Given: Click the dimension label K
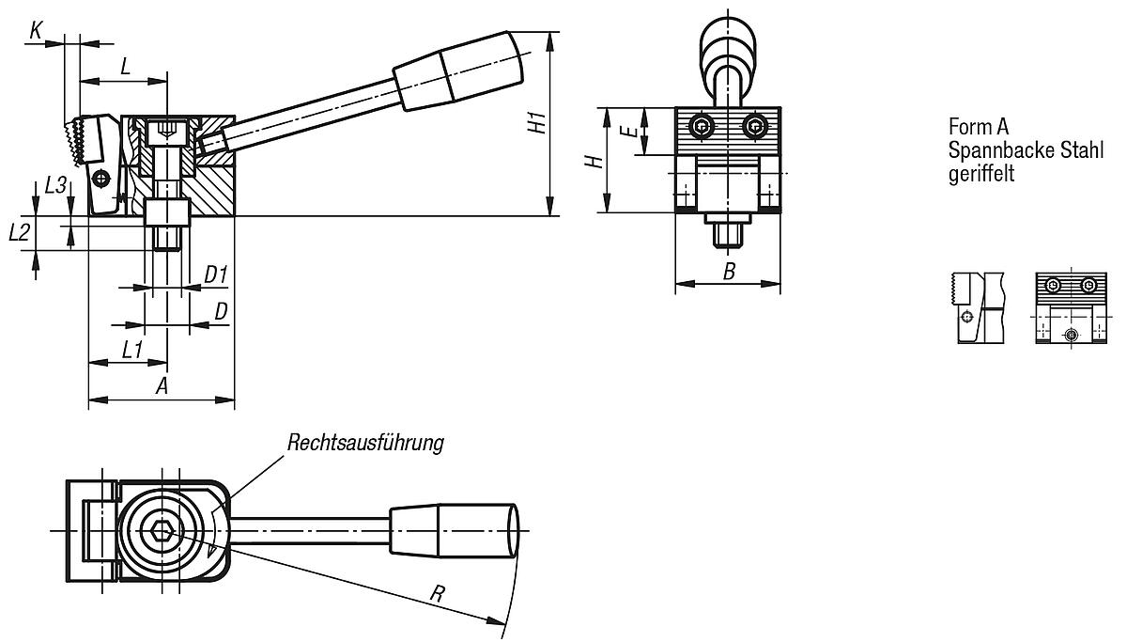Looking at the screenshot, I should pyautogui.click(x=36, y=30).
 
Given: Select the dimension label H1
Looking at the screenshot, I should pyautogui.click(x=535, y=123).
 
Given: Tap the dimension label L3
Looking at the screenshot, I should pyautogui.click(x=55, y=185).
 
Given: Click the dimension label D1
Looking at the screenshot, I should pyautogui.click(x=216, y=274).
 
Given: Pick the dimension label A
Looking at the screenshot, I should pyautogui.click(x=161, y=385).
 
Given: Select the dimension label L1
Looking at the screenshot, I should pyautogui.click(x=132, y=349).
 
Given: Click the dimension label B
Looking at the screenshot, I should pyautogui.click(x=729, y=272).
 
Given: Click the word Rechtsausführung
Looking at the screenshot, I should pyautogui.click(x=365, y=443).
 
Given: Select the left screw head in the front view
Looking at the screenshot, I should pyautogui.click(x=701, y=126).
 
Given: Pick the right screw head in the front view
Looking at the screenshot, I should pyautogui.click(x=753, y=126).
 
